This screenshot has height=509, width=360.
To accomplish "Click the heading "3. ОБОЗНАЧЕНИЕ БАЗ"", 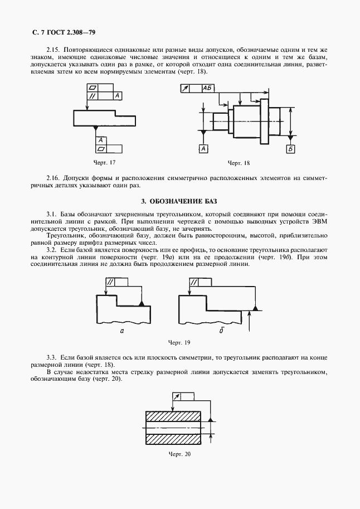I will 179,201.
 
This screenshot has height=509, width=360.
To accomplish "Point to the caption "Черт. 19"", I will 179,342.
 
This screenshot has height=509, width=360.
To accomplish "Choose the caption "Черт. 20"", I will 179,454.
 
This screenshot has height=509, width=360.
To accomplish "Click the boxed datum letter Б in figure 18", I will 290,148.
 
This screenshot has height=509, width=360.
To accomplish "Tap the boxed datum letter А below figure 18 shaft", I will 203,148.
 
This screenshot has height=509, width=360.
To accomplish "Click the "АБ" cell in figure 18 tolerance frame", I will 208,88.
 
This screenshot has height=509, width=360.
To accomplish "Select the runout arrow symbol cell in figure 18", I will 185,88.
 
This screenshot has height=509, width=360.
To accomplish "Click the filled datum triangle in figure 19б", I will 255,308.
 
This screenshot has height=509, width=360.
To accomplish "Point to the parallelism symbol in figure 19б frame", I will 194,283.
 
